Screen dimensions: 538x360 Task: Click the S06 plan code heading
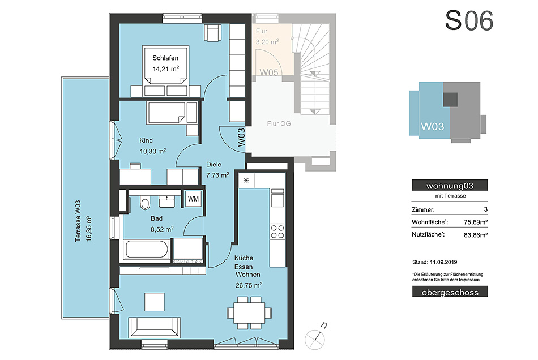(469, 20)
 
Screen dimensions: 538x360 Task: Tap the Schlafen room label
(165, 58)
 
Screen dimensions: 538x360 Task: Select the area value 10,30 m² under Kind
(153, 151)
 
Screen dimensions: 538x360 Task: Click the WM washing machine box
(193, 199)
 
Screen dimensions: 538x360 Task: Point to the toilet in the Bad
(145, 203)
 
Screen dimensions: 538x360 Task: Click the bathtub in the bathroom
(146, 249)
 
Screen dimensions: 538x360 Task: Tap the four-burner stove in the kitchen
(277, 231)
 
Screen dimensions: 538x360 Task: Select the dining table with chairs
(249, 312)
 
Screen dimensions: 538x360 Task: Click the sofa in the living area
(155, 327)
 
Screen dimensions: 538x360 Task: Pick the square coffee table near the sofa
(155, 302)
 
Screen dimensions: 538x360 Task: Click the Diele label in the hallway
(214, 165)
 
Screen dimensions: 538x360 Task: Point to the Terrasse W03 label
(78, 221)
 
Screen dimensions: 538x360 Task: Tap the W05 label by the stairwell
(268, 72)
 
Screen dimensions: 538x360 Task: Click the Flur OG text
(279, 123)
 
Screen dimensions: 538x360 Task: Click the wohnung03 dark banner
(450, 186)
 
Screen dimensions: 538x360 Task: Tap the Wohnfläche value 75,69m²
(476, 222)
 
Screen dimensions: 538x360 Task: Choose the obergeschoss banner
(450, 292)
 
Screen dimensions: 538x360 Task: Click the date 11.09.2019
(443, 262)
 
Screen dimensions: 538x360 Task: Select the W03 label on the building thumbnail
(432, 127)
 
